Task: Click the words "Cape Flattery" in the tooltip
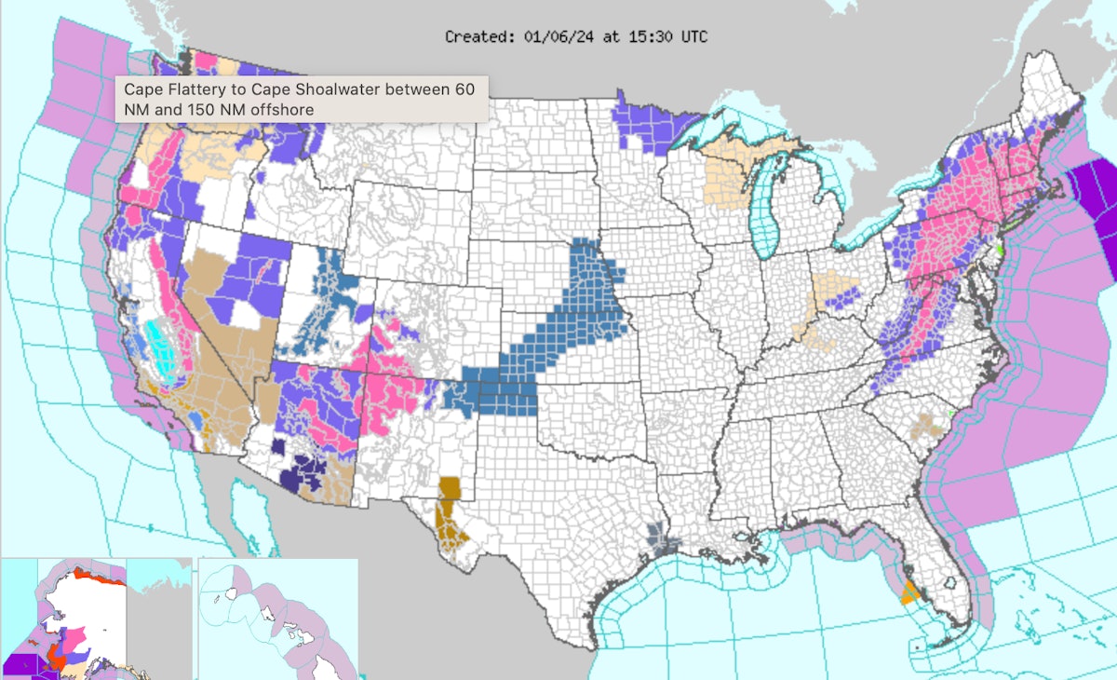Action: point(168,90)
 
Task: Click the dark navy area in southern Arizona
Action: point(307,470)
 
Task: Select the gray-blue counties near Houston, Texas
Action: point(658,537)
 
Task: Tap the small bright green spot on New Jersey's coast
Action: point(999,249)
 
